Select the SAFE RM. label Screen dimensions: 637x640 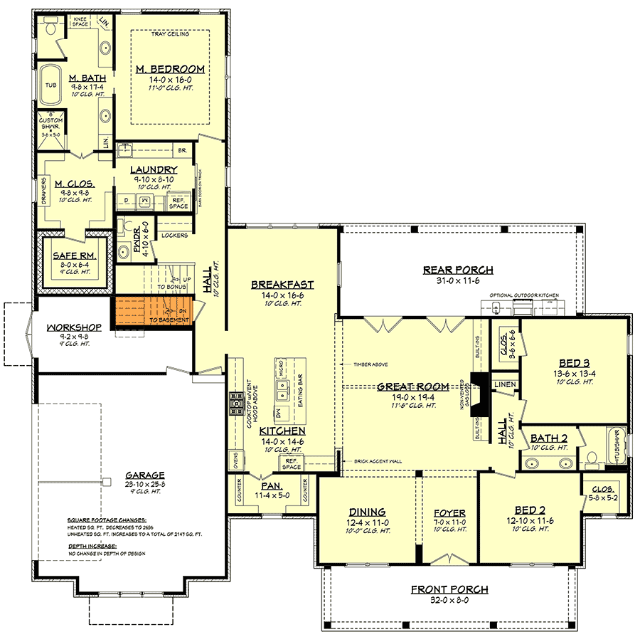tap(70, 254)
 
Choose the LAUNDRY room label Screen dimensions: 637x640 tap(154, 169)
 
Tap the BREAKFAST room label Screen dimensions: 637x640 tap(282, 285)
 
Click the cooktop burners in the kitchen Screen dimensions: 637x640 tap(235, 404)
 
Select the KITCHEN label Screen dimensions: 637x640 tap(282, 431)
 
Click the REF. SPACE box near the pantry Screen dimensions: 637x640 tap(292, 463)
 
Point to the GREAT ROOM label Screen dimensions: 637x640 tap(412, 386)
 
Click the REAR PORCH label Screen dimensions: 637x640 tap(458, 270)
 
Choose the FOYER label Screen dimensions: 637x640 tap(449, 512)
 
